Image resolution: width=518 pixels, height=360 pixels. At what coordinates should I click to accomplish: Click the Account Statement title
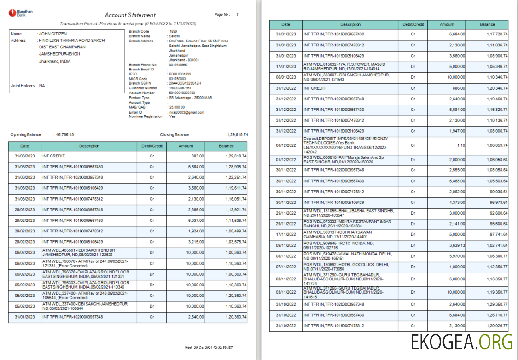point(130,15)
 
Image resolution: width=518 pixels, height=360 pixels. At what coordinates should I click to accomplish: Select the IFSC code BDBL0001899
point(180,74)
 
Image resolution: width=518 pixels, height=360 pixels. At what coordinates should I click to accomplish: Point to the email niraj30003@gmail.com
point(186,112)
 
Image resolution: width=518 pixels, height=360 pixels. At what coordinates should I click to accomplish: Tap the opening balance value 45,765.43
point(65,135)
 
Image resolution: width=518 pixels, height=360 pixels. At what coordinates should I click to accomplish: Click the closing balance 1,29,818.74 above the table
point(237,135)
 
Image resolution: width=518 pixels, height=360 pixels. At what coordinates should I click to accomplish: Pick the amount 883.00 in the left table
point(198,156)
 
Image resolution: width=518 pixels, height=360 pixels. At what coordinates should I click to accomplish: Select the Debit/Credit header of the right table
point(413,24)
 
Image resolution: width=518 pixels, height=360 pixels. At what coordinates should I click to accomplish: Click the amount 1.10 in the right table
point(460,145)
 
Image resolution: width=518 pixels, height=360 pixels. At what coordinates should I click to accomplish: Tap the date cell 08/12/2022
point(285,145)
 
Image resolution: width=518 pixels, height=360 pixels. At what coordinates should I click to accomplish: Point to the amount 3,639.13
point(456,245)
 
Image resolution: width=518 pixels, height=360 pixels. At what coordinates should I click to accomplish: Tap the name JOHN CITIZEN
point(52,34)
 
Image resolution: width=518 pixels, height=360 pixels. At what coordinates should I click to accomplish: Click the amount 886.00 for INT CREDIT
point(459,88)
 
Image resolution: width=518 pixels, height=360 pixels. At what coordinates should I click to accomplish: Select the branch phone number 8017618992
point(178,65)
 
